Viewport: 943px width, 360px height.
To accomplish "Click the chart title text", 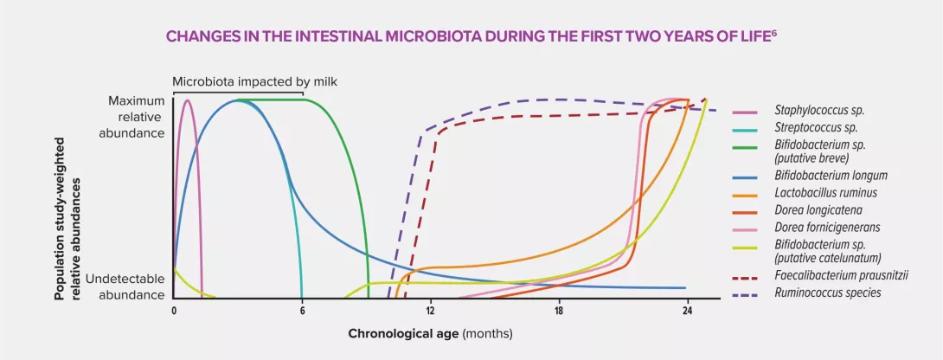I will pos(471,38).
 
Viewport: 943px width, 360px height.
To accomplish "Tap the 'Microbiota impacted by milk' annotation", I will pos(254,82).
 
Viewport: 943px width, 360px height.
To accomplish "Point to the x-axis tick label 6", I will pos(302,312).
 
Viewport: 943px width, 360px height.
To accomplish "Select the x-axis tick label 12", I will pos(430,312).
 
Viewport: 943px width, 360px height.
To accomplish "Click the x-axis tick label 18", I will pos(559,312).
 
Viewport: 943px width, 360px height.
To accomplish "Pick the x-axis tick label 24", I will pos(687,312).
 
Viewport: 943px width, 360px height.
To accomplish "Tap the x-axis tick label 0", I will pos(174,312).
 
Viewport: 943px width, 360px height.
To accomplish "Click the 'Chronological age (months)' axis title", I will pos(431,333).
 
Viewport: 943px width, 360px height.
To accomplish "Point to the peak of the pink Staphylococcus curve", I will pos(188,100).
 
